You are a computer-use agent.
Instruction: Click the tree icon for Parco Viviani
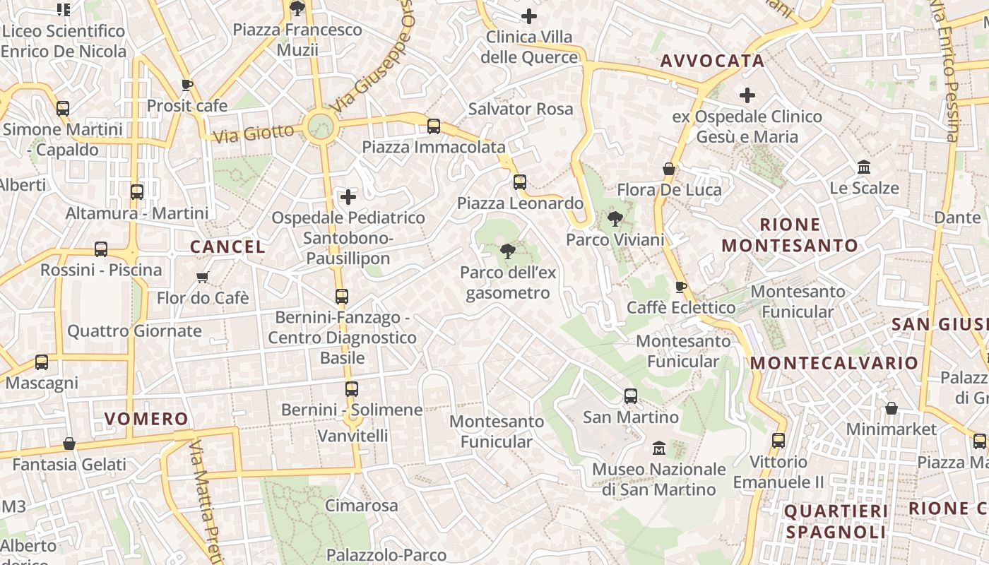(615, 219)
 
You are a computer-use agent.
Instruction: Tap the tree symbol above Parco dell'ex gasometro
(507, 251)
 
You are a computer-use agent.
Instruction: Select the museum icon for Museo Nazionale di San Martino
(660, 448)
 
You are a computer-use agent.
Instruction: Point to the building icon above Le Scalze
(863, 167)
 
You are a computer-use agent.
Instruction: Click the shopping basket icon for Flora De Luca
(668, 169)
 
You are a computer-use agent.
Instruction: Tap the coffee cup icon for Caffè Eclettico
(680, 287)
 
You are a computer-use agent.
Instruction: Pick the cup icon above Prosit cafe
(186, 85)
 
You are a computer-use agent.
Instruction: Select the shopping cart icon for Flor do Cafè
(203, 277)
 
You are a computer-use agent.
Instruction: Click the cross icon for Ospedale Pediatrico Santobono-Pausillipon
(348, 197)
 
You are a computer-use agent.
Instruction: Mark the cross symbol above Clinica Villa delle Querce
(528, 16)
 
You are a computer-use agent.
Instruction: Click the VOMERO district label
(146, 419)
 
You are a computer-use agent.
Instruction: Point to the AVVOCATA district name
(712, 61)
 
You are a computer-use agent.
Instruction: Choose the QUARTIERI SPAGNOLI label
(836, 521)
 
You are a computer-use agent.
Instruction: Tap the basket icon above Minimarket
(892, 408)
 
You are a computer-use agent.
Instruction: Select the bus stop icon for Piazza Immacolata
(434, 126)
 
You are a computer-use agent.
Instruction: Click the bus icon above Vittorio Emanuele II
(778, 441)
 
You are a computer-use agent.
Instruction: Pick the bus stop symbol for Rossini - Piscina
(101, 249)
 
